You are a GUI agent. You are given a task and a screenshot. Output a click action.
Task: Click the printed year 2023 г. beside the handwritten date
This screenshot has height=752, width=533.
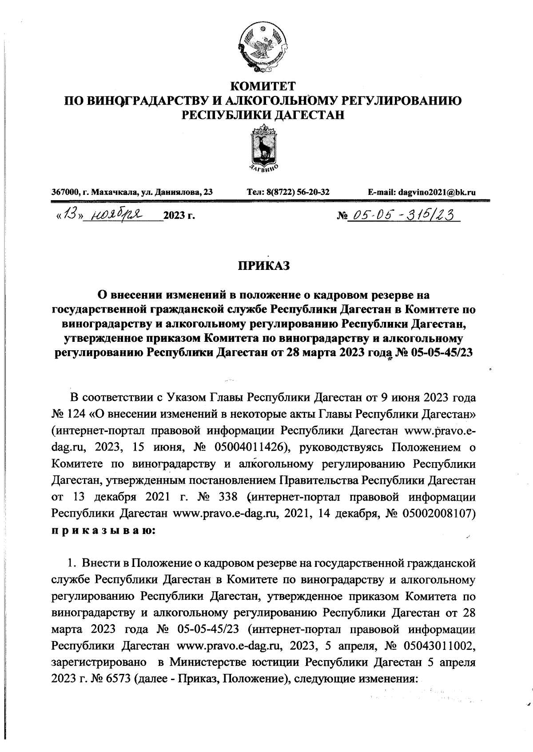(179, 217)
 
